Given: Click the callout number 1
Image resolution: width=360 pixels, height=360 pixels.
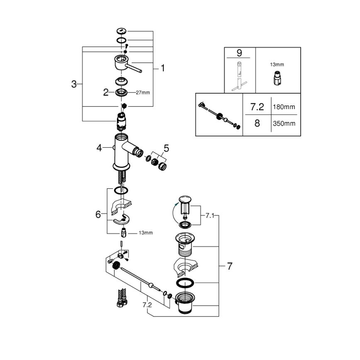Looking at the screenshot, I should coord(163,68).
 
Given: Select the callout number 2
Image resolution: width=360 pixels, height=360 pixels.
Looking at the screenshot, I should coord(106,92).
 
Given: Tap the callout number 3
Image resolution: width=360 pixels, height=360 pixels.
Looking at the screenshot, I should coord(74,84).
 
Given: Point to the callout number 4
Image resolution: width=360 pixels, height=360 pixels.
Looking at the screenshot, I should coord(99,147).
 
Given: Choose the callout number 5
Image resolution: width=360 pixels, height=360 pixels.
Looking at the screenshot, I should coord(166,148).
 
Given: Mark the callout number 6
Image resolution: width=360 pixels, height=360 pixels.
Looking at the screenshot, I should coord(98,214).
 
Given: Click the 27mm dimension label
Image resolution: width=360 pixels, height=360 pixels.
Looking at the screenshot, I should coord(143,92).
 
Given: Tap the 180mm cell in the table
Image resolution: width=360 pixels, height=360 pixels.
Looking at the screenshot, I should coord(284,107).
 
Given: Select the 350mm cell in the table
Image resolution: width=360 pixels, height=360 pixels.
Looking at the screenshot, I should coord(284,124).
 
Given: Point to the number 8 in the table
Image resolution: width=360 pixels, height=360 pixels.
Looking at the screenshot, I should coord(257,124).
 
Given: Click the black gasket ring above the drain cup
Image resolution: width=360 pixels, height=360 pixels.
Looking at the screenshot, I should coord(185,283).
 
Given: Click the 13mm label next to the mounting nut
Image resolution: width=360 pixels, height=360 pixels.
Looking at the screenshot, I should coord(146,233).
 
